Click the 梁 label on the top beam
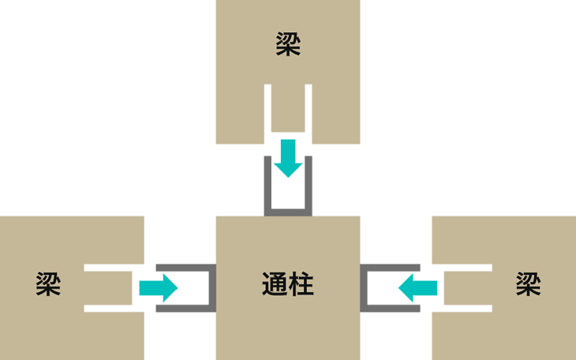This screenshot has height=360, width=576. (288, 44)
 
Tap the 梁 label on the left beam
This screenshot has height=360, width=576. (48, 284)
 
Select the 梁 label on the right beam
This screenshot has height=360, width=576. (528, 284)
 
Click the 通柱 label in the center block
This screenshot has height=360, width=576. (288, 284)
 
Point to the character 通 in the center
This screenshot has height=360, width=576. (275, 284)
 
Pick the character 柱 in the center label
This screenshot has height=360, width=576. (301, 284)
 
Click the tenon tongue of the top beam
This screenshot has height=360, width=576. (288, 111)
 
